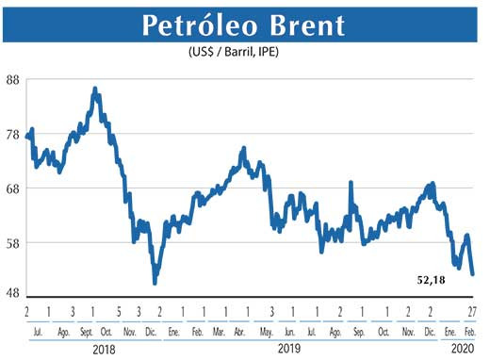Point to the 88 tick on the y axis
point(13,80)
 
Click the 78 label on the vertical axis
point(13,135)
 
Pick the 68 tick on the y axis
point(13,188)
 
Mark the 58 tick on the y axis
point(13,243)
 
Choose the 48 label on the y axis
point(13,293)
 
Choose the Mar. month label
point(219,332)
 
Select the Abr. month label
point(241,332)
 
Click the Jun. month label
point(288,332)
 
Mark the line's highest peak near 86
point(95,90)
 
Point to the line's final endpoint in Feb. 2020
point(473,274)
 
